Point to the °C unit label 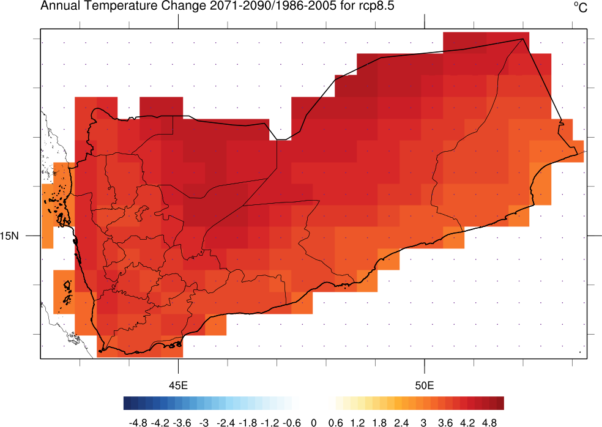pos(580,7)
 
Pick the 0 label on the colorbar pos(314,422)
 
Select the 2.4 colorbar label pos(401,422)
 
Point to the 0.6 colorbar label pos(335,422)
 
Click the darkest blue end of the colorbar pos(127,403)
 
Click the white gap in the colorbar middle pos(313,403)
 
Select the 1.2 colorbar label pos(357,422)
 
